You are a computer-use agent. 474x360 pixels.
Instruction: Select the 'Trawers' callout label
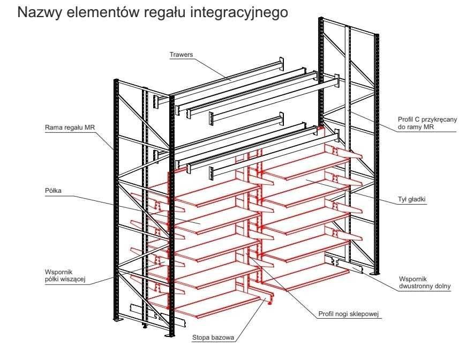point(181,55)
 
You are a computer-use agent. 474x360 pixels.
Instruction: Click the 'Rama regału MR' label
point(70,127)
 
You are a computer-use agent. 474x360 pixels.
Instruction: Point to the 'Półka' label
point(53,190)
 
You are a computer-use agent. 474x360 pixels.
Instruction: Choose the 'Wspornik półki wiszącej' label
point(65,275)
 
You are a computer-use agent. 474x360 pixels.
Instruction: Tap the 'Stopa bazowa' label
point(213,337)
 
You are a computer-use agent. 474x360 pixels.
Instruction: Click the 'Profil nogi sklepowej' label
point(349,314)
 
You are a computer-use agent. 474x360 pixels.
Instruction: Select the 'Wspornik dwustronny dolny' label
point(425,282)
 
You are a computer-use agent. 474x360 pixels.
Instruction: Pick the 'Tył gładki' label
point(412,199)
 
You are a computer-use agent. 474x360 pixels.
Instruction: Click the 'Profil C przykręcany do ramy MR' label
point(427,123)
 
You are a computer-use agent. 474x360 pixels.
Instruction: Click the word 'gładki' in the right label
point(417,199)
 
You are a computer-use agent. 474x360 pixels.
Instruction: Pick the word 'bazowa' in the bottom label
point(223,337)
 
